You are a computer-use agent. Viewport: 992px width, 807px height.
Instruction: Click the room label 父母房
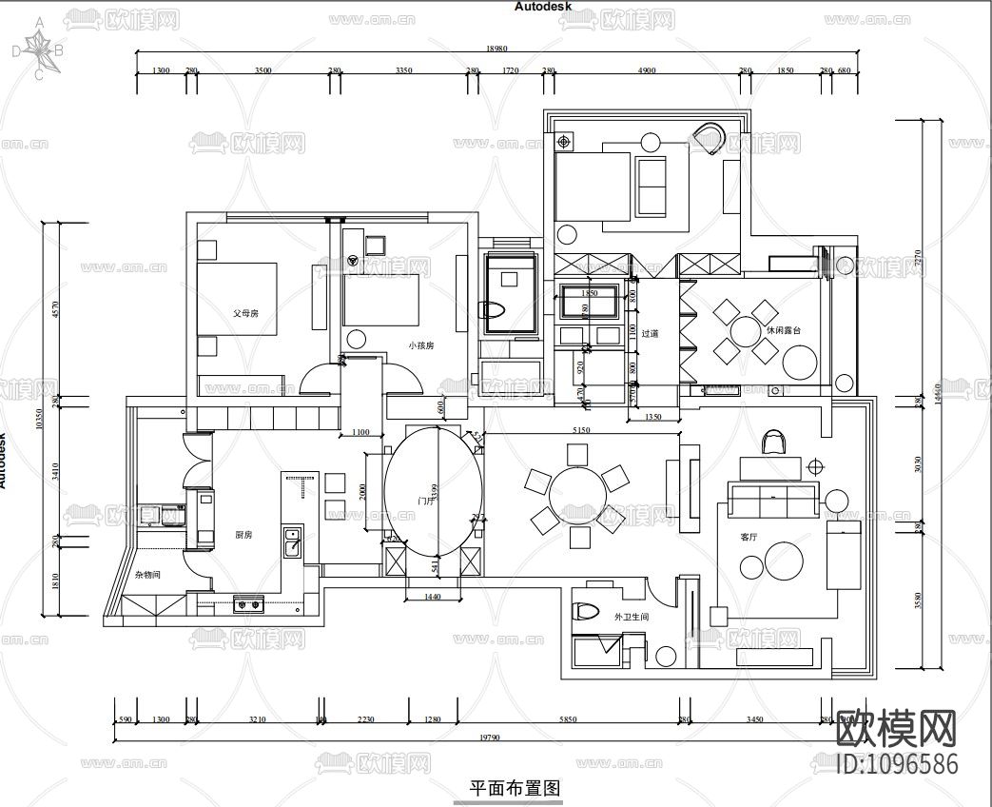[x=246, y=312]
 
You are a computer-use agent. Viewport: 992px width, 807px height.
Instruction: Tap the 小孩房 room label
[x=421, y=345]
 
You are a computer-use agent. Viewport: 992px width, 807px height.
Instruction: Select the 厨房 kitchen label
[x=243, y=535]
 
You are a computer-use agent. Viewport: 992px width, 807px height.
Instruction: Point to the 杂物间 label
[x=147, y=575]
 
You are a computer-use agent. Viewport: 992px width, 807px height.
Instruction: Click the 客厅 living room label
[x=749, y=537]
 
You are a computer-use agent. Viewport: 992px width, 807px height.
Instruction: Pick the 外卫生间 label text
[x=632, y=617]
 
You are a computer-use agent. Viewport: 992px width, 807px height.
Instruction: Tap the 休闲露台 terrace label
[x=783, y=329]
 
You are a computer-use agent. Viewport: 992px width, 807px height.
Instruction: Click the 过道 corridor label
[x=650, y=334]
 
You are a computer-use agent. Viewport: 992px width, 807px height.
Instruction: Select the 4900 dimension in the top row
[x=647, y=70]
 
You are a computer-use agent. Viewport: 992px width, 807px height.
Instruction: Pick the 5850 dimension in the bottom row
[x=569, y=719]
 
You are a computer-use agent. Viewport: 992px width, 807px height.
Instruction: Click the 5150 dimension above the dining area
[x=580, y=430]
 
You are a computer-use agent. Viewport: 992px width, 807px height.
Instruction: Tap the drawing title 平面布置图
[x=514, y=788]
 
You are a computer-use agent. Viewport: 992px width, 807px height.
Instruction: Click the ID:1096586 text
[x=897, y=764]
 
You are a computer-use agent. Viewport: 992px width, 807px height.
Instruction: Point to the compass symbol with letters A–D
[x=38, y=49]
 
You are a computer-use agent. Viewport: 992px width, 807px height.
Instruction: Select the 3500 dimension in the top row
[x=263, y=70]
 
